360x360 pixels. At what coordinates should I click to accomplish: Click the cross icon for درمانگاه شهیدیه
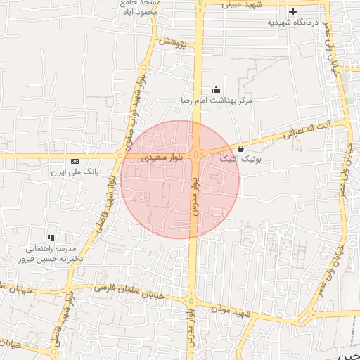(292, 11)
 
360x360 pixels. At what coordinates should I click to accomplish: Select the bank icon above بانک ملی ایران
(75, 161)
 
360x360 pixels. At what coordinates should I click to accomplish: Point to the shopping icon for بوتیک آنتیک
(241, 148)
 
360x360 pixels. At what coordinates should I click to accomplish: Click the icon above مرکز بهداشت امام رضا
(216, 90)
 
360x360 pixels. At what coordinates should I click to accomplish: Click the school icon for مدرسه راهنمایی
(50, 238)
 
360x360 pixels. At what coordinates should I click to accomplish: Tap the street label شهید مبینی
(243, 4)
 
